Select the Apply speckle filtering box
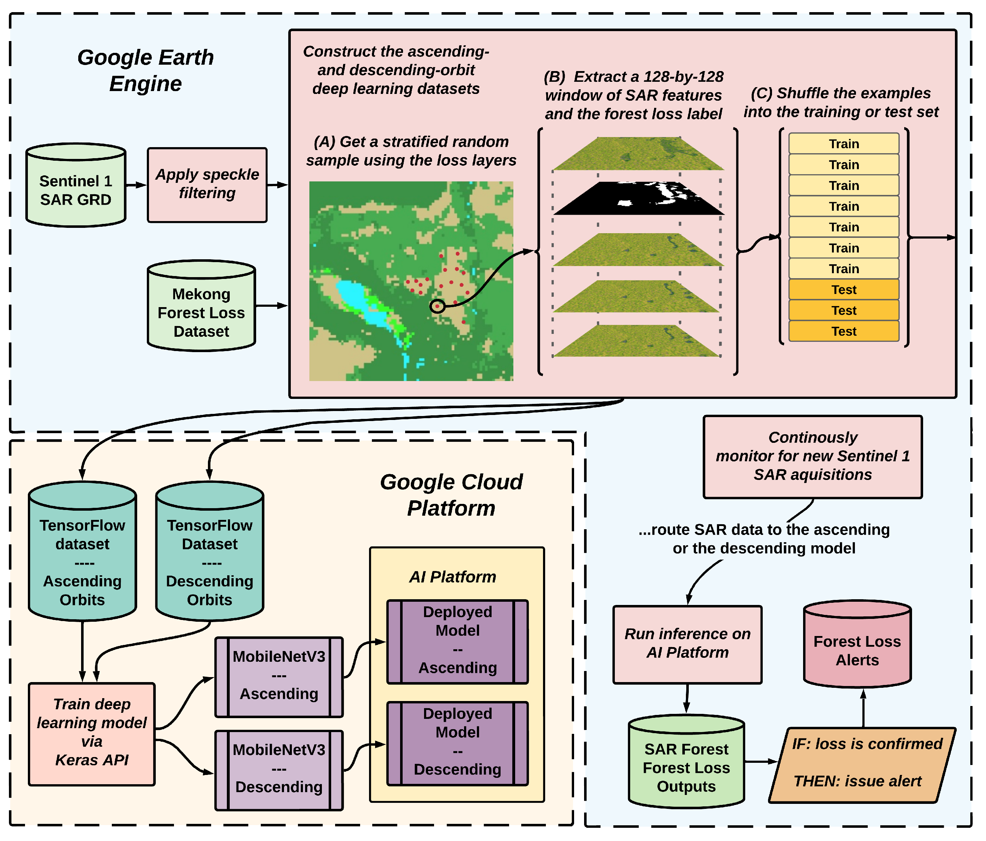click(207, 185)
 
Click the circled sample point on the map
click(437, 306)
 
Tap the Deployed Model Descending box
click(457, 742)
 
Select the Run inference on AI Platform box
click(687, 644)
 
